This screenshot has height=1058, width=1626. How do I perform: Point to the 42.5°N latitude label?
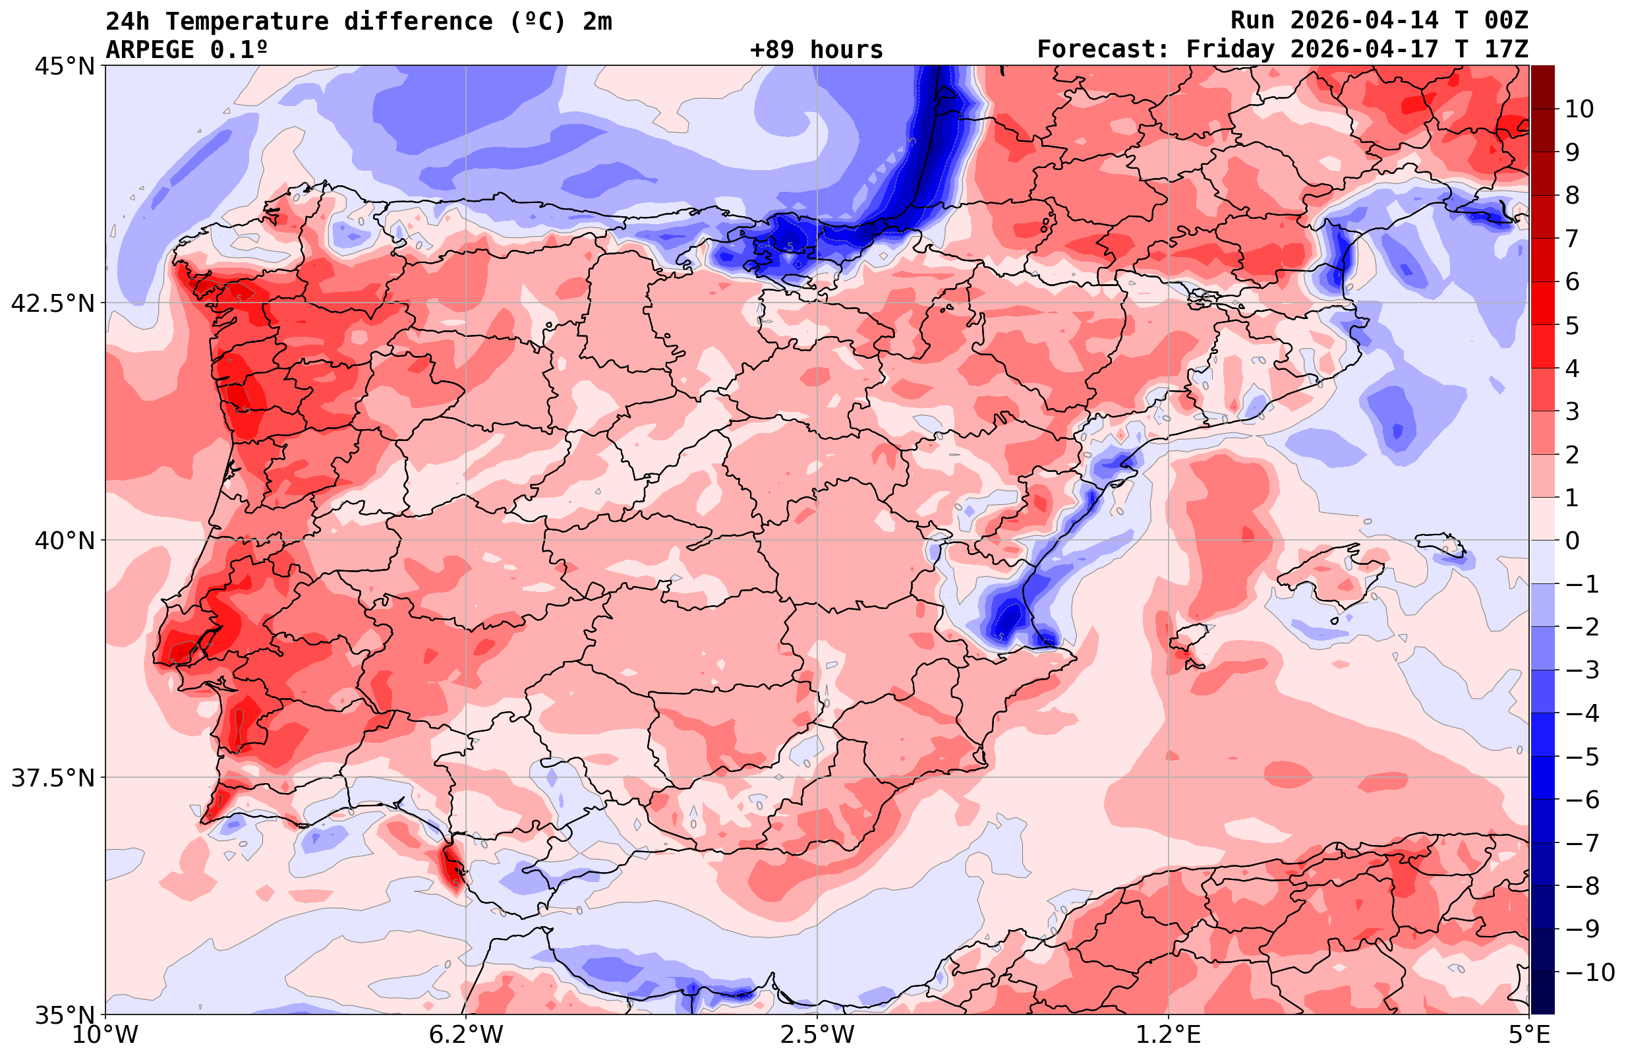[x=53, y=303]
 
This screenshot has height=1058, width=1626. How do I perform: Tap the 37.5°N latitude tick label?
[x=53, y=778]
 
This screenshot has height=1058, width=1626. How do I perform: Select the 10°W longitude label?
[x=106, y=1034]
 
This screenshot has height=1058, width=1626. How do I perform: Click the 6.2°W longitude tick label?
[x=466, y=1034]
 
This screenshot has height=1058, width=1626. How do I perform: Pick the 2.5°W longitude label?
[x=818, y=1034]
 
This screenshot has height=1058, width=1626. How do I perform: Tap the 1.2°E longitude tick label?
[x=1169, y=1034]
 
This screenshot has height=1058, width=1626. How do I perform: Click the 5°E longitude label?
[x=1529, y=1034]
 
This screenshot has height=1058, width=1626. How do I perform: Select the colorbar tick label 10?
[x=1580, y=109]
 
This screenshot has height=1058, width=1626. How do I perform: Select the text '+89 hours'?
[x=817, y=50]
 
